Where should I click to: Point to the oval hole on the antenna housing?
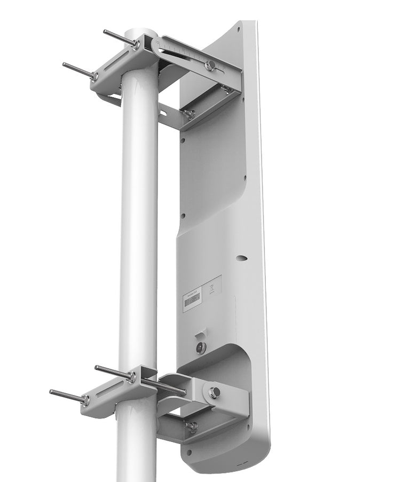click(242, 258)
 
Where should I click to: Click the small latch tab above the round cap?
click(200, 335)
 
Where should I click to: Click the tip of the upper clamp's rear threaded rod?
click(105, 32)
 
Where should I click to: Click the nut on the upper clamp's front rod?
click(94, 76)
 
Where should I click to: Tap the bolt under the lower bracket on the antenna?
click(192, 426)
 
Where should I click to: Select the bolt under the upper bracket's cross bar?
click(190, 113)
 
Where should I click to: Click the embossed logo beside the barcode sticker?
click(212, 289)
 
